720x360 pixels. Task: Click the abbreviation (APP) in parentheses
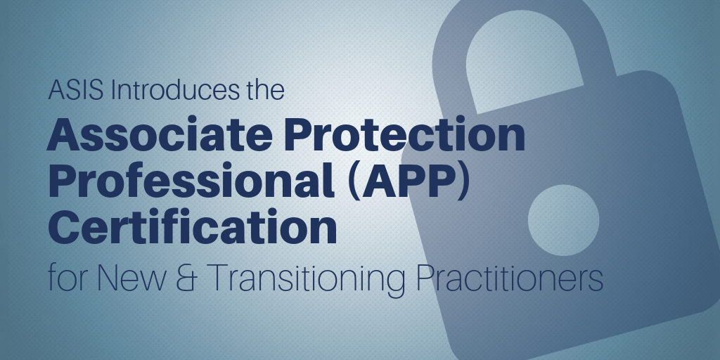[409, 182]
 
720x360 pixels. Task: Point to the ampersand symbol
[188, 278]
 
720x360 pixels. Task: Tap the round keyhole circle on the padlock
[563, 220]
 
